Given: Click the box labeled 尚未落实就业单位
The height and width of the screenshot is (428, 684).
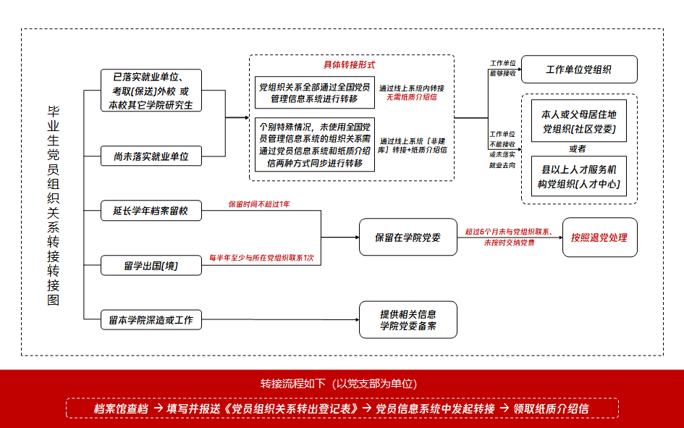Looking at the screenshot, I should point(151,156).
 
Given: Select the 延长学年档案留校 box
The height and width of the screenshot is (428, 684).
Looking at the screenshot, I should point(151,211).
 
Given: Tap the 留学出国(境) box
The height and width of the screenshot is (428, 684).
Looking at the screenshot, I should point(151,266).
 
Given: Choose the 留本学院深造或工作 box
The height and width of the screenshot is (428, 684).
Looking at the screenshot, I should point(151,319).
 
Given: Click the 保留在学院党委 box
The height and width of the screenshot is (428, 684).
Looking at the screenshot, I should point(408,237).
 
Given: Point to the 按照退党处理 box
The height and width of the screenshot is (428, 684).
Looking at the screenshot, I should point(599,237).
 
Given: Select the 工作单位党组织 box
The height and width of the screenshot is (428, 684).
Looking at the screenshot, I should point(578,70).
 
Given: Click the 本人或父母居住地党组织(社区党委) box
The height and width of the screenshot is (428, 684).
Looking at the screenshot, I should point(578,122).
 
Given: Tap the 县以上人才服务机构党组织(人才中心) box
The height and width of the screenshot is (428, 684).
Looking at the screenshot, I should point(578,177).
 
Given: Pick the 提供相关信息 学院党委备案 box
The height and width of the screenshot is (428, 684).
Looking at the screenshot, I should point(408,320).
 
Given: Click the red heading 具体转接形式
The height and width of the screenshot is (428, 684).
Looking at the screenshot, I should point(349,64).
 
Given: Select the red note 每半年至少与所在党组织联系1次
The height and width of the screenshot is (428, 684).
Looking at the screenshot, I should point(261,257).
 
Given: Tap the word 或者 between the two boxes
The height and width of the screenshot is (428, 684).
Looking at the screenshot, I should point(578,149).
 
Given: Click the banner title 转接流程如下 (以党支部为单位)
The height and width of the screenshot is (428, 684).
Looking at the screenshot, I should point(339,383).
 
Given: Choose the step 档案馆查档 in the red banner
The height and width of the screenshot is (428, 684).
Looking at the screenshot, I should point(121,408).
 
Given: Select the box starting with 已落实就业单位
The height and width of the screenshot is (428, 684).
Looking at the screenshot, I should point(151,91).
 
